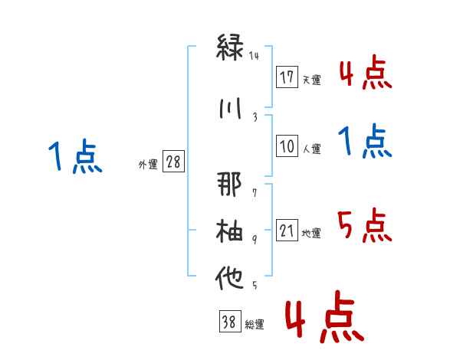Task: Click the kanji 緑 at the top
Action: coord(230,47)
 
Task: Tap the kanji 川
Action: coord(230,108)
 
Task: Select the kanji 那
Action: coord(229,184)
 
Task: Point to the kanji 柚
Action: coord(229,231)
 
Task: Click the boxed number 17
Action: coord(287,77)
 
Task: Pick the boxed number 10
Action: coord(287,146)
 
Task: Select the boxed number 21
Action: coord(287,230)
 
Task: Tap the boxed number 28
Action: coord(173,162)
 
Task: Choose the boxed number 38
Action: coord(230,321)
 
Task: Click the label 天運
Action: coord(311,80)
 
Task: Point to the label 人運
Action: coord(311,149)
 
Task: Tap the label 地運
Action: coord(311,233)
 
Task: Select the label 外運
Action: coord(148,165)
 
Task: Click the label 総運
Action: coord(255,324)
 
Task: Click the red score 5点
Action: coord(364,225)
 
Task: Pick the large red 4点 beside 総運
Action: coord(325,316)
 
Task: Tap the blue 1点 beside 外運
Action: coord(75,156)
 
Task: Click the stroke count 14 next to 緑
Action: coord(254,56)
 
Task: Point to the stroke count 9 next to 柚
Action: coord(255,240)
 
